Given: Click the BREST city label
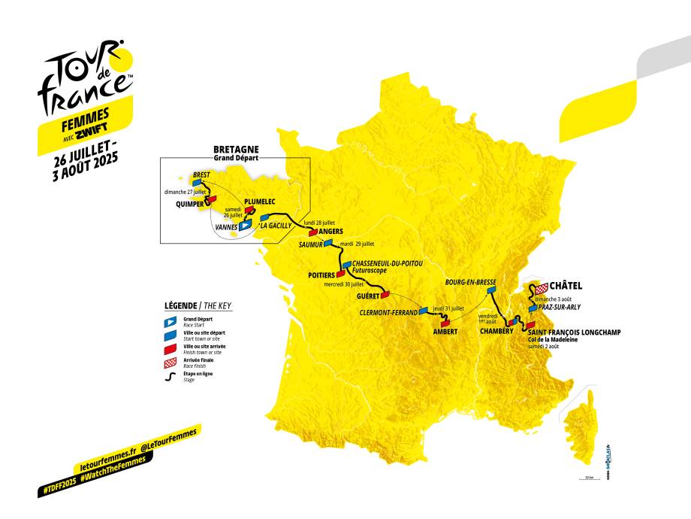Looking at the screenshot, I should tap(201, 175).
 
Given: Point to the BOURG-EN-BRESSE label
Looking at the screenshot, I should tap(470, 281).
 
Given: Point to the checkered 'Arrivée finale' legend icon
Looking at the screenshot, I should tap(170, 363).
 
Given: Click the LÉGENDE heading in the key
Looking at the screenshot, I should tap(180, 306).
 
